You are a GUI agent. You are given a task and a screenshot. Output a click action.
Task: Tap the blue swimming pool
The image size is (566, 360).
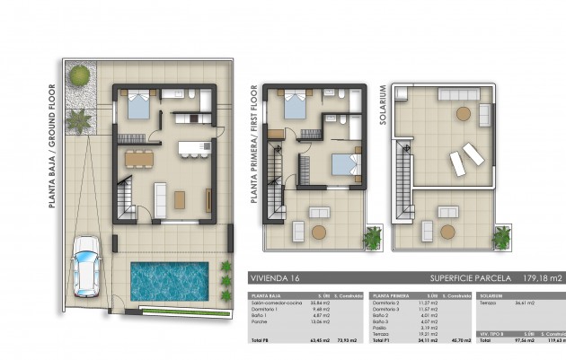169,281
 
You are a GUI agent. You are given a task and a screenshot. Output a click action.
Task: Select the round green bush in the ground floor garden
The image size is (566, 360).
79,75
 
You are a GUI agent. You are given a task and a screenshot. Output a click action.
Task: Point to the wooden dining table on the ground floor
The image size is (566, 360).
139,159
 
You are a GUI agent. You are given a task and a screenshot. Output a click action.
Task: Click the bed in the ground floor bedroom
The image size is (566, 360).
138,106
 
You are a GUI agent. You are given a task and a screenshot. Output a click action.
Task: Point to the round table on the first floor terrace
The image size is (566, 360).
318,231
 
